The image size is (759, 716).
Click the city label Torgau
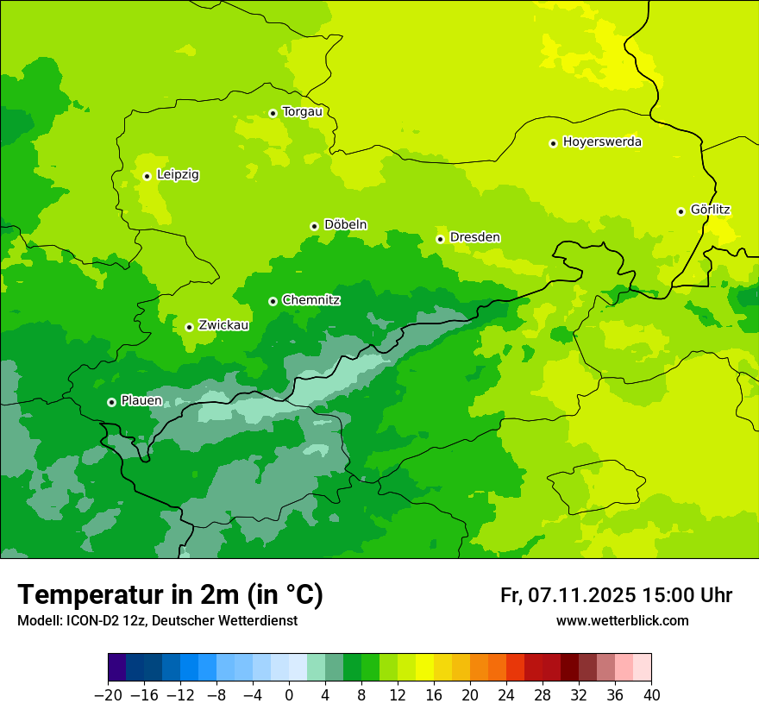(302, 112)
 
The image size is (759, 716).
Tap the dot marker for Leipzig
(147, 176)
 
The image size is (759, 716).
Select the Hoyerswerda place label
(602, 142)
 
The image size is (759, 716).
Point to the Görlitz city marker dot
(681, 211)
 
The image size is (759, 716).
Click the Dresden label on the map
(474, 238)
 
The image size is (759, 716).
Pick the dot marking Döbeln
(314, 226)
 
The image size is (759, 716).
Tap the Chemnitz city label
(310, 300)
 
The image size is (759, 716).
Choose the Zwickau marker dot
(189, 327)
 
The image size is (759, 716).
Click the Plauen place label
(141, 401)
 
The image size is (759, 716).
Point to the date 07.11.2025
(582, 595)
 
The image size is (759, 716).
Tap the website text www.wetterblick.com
(622, 620)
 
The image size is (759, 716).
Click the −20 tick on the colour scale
(108, 695)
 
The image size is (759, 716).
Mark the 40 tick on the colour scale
(651, 695)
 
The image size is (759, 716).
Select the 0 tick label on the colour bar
(289, 695)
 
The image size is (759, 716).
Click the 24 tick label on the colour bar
(506, 695)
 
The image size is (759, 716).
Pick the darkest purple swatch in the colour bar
(117, 668)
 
